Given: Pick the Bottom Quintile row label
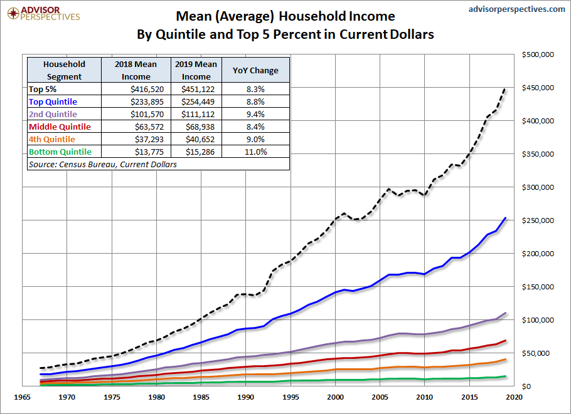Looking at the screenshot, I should (x=60, y=152).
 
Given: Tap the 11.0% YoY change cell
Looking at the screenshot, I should (x=256, y=152).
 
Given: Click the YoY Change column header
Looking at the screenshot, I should (x=256, y=70).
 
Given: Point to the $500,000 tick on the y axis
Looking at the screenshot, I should (x=537, y=55).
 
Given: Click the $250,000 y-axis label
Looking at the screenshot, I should (x=537, y=220).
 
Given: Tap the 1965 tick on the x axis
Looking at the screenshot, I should (x=23, y=397).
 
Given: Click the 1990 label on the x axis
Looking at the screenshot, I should (x=247, y=397).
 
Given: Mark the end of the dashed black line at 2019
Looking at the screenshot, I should (x=505, y=89).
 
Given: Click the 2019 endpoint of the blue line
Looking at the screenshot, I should (x=505, y=218).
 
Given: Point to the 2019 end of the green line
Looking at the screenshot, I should (x=505, y=376).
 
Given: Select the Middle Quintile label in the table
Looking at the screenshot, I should (x=60, y=127).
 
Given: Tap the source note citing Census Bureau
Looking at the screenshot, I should (x=103, y=165).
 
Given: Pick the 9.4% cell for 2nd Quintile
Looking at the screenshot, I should (x=256, y=115).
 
